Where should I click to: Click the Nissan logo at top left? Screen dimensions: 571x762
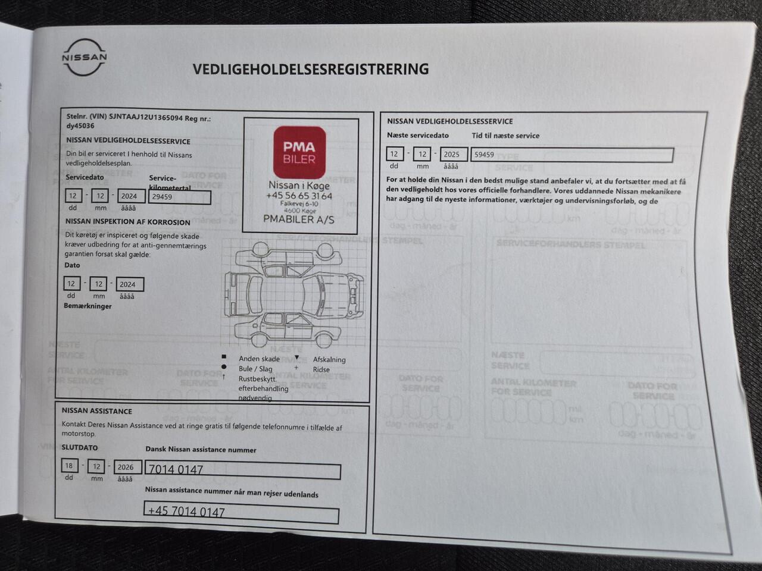tap(85, 58)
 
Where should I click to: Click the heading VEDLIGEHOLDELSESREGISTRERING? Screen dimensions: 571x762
tap(310, 70)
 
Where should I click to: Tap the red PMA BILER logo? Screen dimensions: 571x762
tap(299, 152)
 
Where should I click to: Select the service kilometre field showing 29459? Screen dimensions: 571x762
tap(179, 197)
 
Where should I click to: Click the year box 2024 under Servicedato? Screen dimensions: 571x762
tap(129, 196)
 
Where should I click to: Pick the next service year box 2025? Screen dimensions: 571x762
tap(452, 154)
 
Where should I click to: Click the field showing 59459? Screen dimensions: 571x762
tap(571, 155)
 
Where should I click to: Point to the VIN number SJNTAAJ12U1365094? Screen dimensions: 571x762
tap(146, 118)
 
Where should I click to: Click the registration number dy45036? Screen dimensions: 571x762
tap(80, 126)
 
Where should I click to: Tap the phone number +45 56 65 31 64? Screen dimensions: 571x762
tap(299, 196)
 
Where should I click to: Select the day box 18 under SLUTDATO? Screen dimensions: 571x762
tap(70, 466)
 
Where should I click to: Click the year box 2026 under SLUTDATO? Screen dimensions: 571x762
tap(126, 467)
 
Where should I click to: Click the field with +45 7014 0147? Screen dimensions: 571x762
tap(241, 512)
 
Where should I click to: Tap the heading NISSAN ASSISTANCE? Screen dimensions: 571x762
tap(97, 411)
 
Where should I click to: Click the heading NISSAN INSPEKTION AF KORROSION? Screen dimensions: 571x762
tap(128, 222)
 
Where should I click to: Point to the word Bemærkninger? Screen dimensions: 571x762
tap(88, 306)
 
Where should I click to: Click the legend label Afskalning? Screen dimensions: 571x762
tap(329, 359)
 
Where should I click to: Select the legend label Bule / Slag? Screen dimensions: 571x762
tap(255, 369)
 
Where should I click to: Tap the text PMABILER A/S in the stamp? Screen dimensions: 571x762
tap(299, 219)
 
